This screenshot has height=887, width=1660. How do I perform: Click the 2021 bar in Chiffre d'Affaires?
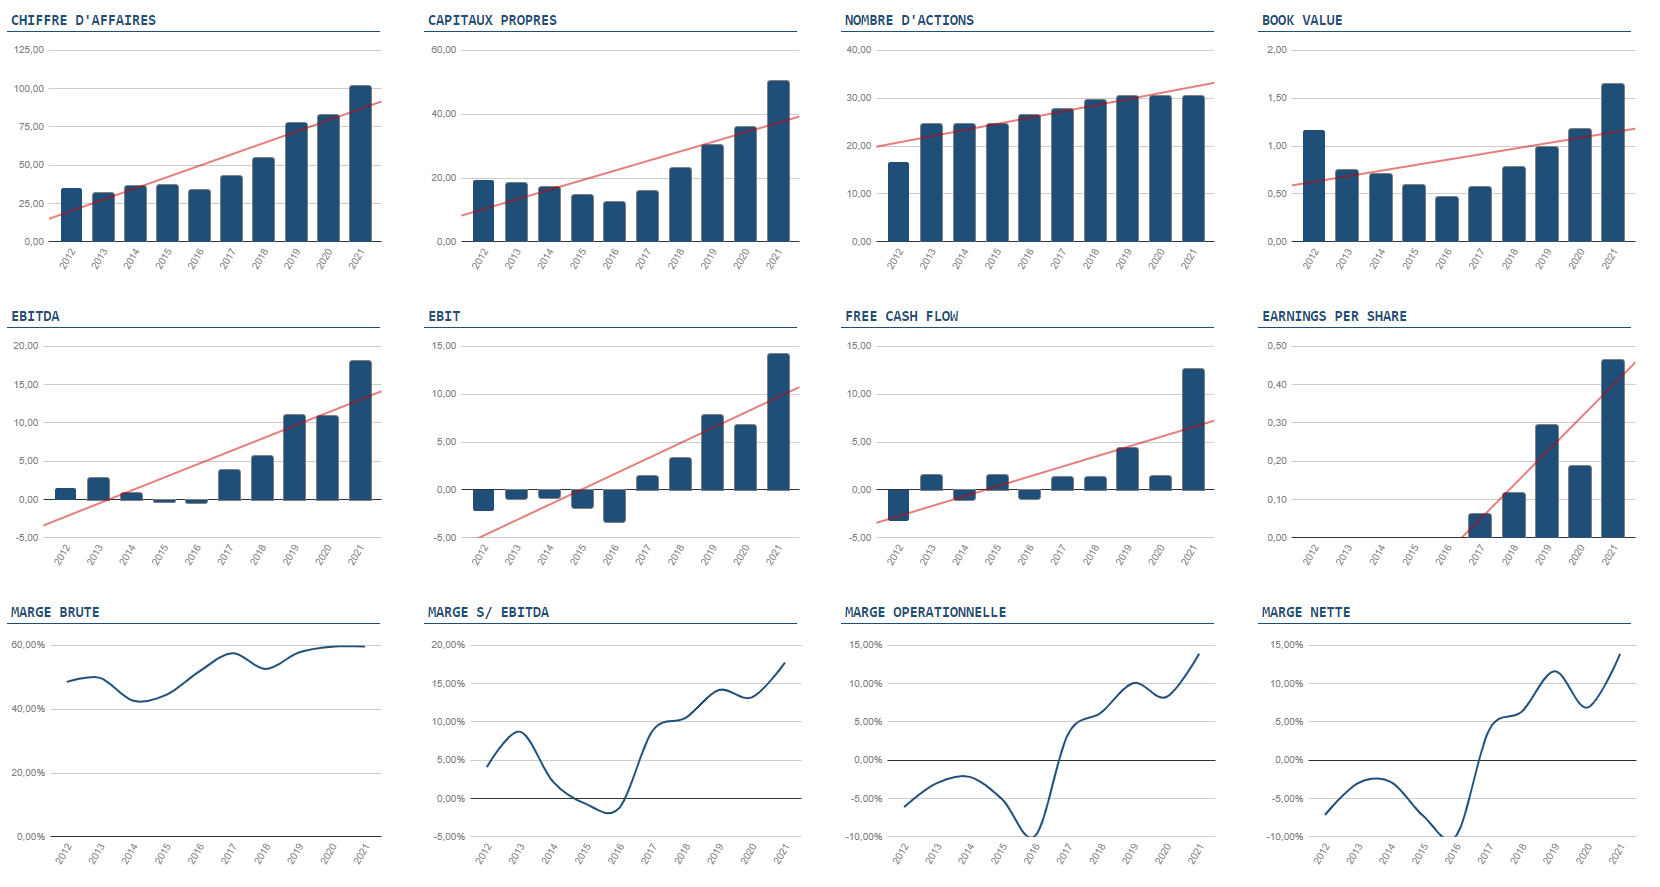coord(360,164)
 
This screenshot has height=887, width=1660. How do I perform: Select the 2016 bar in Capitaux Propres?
coord(614,222)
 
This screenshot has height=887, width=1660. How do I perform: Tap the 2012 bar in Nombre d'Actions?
coord(898,202)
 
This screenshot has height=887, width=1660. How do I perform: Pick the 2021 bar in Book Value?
coord(1612,163)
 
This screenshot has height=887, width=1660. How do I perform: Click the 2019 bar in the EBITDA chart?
coord(294,457)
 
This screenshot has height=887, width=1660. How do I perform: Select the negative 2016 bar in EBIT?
coord(614,506)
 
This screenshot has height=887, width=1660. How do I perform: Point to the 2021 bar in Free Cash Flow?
coord(1193,429)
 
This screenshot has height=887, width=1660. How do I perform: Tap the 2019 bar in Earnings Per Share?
coord(1546,481)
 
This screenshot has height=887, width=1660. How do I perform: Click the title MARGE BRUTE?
coord(55,612)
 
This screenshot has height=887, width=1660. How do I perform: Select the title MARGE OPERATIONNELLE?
coord(925,612)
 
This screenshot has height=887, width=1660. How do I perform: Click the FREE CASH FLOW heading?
coord(901,316)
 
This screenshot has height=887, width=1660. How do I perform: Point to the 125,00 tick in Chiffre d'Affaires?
coord(29,50)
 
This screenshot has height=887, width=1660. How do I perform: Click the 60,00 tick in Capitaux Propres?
coord(443,50)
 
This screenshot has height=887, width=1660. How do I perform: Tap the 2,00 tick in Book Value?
coord(1277,50)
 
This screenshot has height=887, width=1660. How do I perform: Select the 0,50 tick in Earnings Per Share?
coord(1277,346)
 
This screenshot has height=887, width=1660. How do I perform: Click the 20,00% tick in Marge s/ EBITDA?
coord(448,645)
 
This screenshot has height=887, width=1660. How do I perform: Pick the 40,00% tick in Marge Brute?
coord(28,709)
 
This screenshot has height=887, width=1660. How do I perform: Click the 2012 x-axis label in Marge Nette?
coord(1321,854)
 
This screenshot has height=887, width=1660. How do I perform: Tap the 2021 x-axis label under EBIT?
coord(774,555)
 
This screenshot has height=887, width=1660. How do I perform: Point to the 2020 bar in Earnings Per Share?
coord(1579,502)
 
